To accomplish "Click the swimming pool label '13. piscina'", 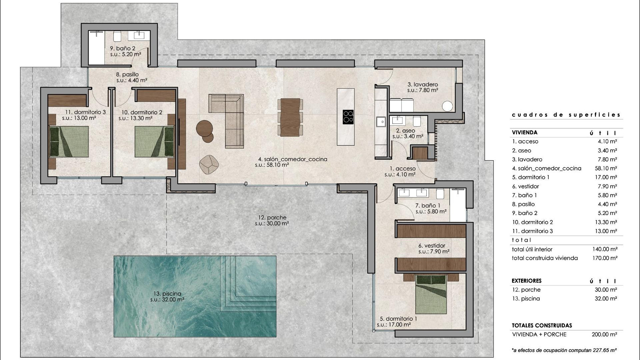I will click(x=167, y=294).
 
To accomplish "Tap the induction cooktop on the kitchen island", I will click(x=348, y=117).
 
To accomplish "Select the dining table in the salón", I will click(x=290, y=117).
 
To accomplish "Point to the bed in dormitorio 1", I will click(x=431, y=294).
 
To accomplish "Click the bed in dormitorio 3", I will click(x=69, y=141).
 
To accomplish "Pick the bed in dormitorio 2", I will click(x=154, y=141).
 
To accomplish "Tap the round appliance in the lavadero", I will click(x=447, y=106).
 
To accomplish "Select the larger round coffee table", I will click(x=204, y=128).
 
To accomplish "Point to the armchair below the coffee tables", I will click(x=209, y=164).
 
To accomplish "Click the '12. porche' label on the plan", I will click(x=272, y=218).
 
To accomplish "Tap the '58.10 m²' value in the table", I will click(x=606, y=168).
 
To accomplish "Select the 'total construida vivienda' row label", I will click(x=545, y=258).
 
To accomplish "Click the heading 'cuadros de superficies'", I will click(x=566, y=115).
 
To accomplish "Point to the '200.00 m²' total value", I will click(x=604, y=334).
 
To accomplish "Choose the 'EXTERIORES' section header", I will click(x=527, y=281).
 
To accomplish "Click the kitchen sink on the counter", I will click(x=380, y=122).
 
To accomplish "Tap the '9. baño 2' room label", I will click(x=123, y=48).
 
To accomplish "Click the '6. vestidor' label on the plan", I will click(x=432, y=246).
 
